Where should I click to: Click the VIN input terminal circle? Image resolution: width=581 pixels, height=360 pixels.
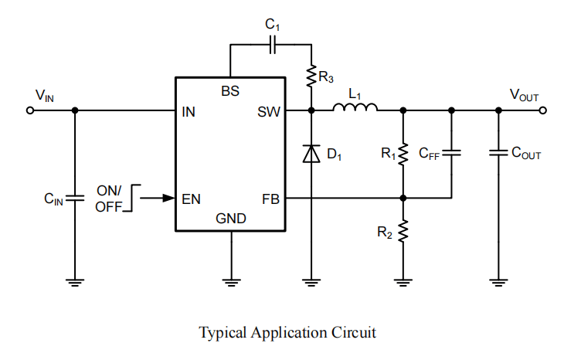[30, 110]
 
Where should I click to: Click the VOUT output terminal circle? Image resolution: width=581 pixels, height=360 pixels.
[544, 110]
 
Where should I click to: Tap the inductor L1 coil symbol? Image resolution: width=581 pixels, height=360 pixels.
[355, 108]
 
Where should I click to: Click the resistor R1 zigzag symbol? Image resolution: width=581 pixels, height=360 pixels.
[403, 154]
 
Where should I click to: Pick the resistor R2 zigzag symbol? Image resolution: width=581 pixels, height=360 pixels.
[403, 232]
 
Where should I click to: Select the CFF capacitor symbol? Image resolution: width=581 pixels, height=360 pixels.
[451, 153]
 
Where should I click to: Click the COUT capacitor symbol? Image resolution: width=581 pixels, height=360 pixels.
[498, 153]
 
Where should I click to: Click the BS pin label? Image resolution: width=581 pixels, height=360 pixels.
[230, 91]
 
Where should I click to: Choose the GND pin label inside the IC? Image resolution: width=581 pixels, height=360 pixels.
[231, 219]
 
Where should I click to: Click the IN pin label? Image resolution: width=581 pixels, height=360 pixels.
[189, 111]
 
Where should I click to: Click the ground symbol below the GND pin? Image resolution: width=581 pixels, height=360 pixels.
[231, 280]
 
